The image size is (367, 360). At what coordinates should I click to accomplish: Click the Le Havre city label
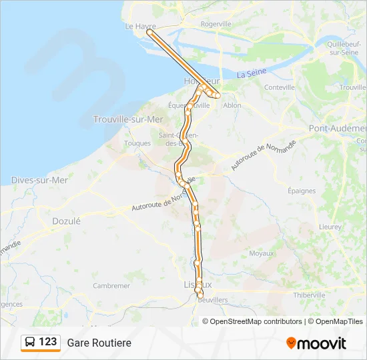140,26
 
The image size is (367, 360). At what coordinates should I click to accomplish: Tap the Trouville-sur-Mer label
128,119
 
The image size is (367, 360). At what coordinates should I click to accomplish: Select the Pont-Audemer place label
338,128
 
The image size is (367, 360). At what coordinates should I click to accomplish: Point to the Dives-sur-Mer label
39,180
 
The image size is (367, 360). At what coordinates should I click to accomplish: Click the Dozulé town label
66,221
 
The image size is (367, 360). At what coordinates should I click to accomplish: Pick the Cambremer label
111,285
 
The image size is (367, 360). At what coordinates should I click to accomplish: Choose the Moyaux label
262,253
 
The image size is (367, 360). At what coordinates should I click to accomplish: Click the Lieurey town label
330,227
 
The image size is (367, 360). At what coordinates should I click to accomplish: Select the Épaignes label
302,191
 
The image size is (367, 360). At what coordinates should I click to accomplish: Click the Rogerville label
216,23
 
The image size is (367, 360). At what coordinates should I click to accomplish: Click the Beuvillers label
213,300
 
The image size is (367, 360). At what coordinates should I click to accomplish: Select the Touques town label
137,143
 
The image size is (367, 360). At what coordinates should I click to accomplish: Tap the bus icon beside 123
30,342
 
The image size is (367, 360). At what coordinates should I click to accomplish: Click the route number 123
48,342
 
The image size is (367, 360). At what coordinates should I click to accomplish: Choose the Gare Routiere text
99,343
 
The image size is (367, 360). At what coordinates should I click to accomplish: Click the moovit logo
316,343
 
